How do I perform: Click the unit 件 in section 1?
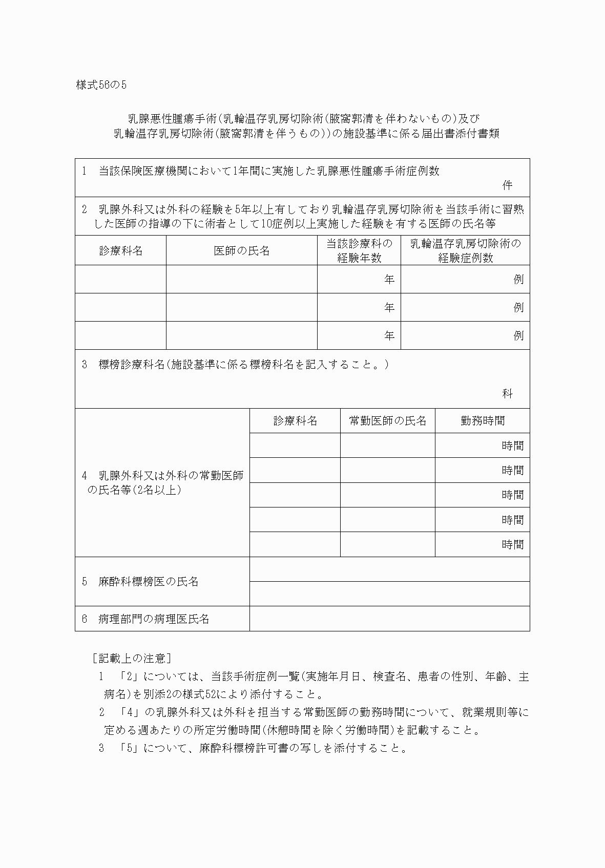click(x=507, y=185)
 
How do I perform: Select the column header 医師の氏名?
click(x=241, y=250)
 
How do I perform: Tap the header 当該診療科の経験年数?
click(x=359, y=250)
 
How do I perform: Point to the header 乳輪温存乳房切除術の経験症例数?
click(x=465, y=250)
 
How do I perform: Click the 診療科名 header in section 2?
click(x=121, y=250)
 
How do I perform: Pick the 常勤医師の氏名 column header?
click(x=387, y=421)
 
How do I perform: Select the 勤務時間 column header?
click(x=482, y=421)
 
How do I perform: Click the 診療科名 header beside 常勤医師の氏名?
click(x=295, y=421)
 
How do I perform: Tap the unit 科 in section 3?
click(x=507, y=393)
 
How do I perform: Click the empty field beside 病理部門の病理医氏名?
click(x=389, y=619)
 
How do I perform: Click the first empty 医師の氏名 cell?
click(x=241, y=279)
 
